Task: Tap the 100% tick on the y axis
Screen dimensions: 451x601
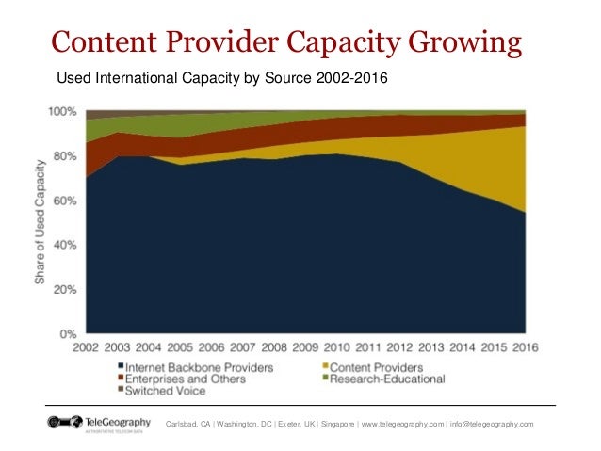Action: pyautogui.click(x=62, y=112)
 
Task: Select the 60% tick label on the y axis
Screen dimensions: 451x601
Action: pyautogui.click(x=64, y=201)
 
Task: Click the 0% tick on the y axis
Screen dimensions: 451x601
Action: pyautogui.click(x=68, y=333)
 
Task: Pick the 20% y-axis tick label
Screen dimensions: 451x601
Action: pyautogui.click(x=64, y=289)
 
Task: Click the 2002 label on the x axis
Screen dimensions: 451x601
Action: pyautogui.click(x=86, y=347)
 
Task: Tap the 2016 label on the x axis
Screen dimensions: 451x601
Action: pyautogui.click(x=525, y=347)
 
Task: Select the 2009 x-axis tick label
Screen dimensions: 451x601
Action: pyautogui.click(x=305, y=347)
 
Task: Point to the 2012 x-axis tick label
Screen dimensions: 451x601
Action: pyautogui.click(x=399, y=347)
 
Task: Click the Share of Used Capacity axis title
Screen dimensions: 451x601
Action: pyautogui.click(x=41, y=222)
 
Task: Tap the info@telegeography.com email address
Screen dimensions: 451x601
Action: pyautogui.click(x=498, y=425)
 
